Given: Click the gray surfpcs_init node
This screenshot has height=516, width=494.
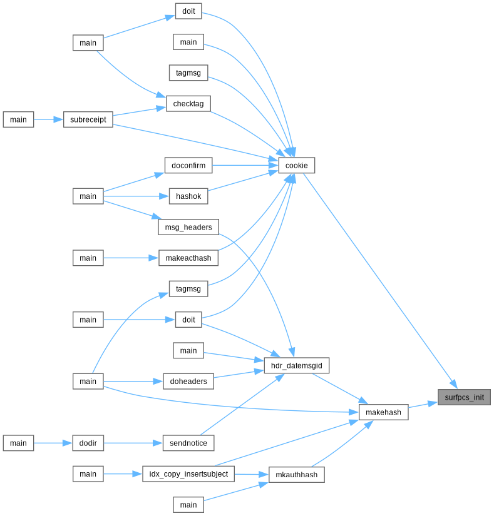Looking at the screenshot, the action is click(464, 397).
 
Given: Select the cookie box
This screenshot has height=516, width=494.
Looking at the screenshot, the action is click(296, 165).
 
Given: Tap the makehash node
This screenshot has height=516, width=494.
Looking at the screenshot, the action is click(383, 412).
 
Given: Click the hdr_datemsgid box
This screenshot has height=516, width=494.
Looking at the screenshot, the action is click(296, 365).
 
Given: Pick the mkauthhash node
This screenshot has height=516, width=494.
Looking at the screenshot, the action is click(296, 475).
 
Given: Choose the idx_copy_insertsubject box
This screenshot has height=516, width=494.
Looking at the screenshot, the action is click(188, 474).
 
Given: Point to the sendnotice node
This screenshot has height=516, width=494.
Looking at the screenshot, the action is click(188, 443).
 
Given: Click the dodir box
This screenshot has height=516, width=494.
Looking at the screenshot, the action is click(88, 443).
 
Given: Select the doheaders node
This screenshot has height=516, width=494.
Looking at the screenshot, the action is click(188, 381).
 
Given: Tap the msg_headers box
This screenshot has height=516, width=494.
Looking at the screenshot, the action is click(188, 227).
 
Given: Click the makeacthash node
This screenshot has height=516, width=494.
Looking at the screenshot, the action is click(188, 258).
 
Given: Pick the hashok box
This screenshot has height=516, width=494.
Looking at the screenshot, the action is click(188, 196).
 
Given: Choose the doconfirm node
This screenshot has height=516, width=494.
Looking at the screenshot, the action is click(188, 165).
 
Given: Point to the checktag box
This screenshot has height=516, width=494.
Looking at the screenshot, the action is click(188, 104).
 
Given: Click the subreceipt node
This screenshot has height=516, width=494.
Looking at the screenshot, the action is click(88, 119).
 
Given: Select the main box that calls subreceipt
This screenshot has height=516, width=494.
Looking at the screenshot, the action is click(18, 119).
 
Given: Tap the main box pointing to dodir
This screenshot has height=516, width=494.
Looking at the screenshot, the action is click(18, 443).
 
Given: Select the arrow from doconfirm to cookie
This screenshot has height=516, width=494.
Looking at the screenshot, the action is click(245, 165).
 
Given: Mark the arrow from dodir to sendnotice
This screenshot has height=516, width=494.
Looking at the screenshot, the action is click(133, 443).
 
